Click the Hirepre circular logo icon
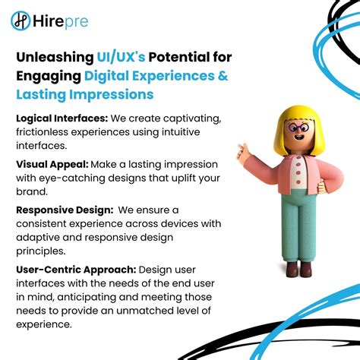pyautogui.click(x=21, y=21)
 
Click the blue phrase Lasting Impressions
pyautogui.click(x=84, y=94)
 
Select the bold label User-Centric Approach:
pyautogui.click(x=75, y=270)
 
